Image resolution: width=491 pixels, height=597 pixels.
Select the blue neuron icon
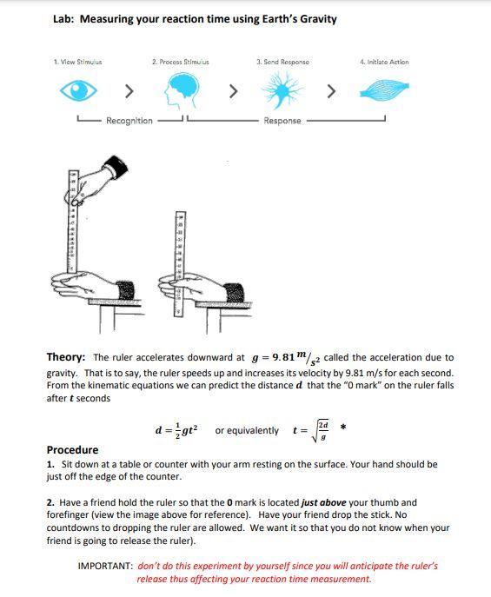282,90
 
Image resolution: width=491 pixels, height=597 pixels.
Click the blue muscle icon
383,90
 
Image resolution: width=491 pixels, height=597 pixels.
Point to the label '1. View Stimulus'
77,63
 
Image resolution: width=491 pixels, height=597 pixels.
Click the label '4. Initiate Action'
383,63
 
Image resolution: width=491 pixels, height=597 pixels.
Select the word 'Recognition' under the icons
129,121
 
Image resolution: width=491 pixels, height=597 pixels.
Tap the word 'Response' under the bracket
282,121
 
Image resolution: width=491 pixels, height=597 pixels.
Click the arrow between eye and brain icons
129,90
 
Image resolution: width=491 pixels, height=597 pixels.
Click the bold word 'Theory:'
66,357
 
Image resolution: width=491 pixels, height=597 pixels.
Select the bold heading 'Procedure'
72,450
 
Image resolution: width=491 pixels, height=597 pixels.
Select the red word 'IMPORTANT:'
105,566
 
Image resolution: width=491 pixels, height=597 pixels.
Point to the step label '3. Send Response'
282,63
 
